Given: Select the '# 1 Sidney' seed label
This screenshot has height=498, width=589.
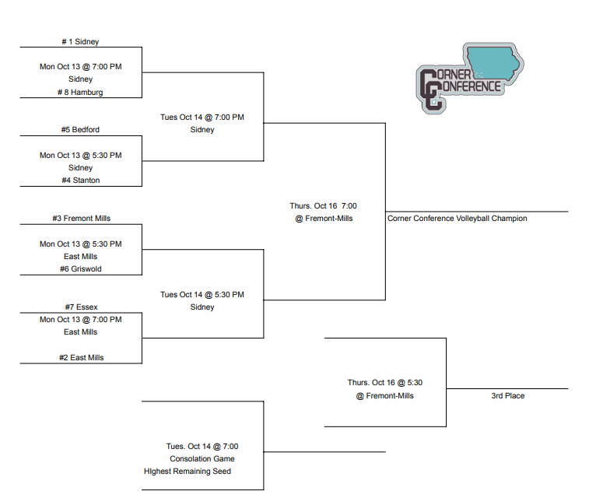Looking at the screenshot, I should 80,41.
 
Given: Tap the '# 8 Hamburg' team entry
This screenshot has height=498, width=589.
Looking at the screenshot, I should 80,92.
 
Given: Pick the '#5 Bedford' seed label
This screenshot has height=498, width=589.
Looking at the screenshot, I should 80,130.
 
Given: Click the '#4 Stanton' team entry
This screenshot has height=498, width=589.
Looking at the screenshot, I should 81,181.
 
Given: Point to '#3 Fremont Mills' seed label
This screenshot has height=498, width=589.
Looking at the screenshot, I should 81,219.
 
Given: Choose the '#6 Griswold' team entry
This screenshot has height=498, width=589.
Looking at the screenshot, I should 81,269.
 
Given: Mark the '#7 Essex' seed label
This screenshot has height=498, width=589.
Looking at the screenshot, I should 81,307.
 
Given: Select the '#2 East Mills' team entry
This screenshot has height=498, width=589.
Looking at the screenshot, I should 81,358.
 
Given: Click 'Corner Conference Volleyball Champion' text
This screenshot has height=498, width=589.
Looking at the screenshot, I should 457,219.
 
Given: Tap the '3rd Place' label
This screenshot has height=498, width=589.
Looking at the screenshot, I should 507,396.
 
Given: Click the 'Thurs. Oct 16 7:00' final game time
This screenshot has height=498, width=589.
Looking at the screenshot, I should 323,206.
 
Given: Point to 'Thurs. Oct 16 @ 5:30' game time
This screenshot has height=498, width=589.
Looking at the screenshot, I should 384,383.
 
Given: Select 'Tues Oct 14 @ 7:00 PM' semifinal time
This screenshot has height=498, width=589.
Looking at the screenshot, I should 202,117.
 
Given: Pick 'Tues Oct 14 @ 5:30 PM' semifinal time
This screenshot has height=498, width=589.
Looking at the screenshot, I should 202,295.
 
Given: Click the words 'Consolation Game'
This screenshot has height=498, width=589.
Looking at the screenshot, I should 202,459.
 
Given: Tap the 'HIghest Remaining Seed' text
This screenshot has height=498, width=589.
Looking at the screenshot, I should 188,472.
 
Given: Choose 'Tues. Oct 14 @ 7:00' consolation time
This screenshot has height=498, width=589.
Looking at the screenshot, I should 202,447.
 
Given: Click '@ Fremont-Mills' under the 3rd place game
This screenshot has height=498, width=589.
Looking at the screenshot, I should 384,396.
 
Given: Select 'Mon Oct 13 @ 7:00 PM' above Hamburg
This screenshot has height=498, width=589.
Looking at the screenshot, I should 81,67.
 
